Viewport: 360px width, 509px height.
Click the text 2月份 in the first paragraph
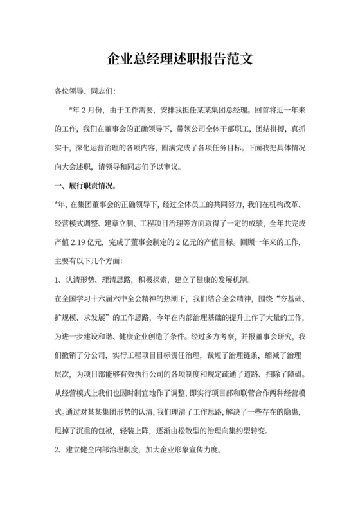91,109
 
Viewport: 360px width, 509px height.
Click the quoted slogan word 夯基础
283,298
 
